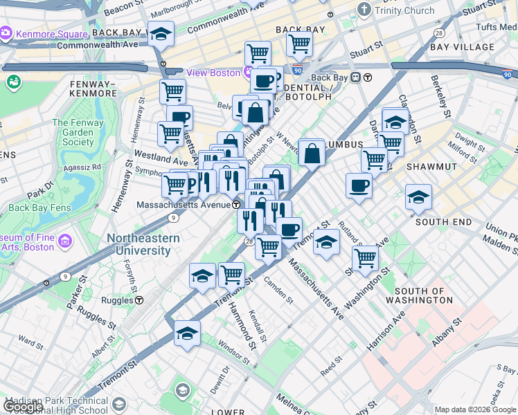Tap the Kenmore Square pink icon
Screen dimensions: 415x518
(x=7, y=33)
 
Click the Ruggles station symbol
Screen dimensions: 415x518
(x=139, y=300)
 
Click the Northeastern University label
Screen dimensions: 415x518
(x=143, y=244)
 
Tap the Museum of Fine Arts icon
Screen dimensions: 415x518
(x=66, y=241)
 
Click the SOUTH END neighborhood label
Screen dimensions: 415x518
(x=443, y=222)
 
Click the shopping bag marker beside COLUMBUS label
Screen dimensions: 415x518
(x=312, y=153)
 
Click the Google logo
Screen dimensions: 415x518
(x=23, y=407)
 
